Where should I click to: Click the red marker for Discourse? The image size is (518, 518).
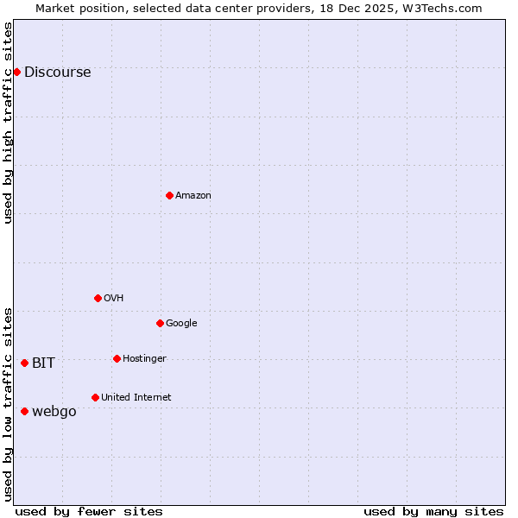(16, 72)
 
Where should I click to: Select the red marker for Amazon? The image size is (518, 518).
(169, 195)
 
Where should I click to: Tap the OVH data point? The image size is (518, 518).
(98, 298)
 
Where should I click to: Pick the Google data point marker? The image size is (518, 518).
(160, 323)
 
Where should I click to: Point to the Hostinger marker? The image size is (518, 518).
(117, 358)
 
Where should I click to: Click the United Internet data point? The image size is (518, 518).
(95, 397)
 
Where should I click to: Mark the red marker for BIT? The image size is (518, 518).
(24, 363)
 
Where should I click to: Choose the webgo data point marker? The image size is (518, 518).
(24, 411)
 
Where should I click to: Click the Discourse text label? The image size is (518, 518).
(57, 73)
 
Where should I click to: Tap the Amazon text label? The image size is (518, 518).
(193, 196)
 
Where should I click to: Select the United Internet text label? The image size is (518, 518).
(136, 398)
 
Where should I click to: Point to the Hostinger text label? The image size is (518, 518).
(144, 359)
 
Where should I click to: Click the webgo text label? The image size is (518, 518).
(54, 412)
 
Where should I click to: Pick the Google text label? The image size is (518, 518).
(181, 324)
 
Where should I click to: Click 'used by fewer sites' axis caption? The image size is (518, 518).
(89, 511)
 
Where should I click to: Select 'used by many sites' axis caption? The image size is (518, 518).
(433, 511)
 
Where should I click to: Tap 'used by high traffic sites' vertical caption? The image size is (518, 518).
(9, 123)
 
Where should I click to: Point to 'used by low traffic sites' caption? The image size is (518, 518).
(9, 404)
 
